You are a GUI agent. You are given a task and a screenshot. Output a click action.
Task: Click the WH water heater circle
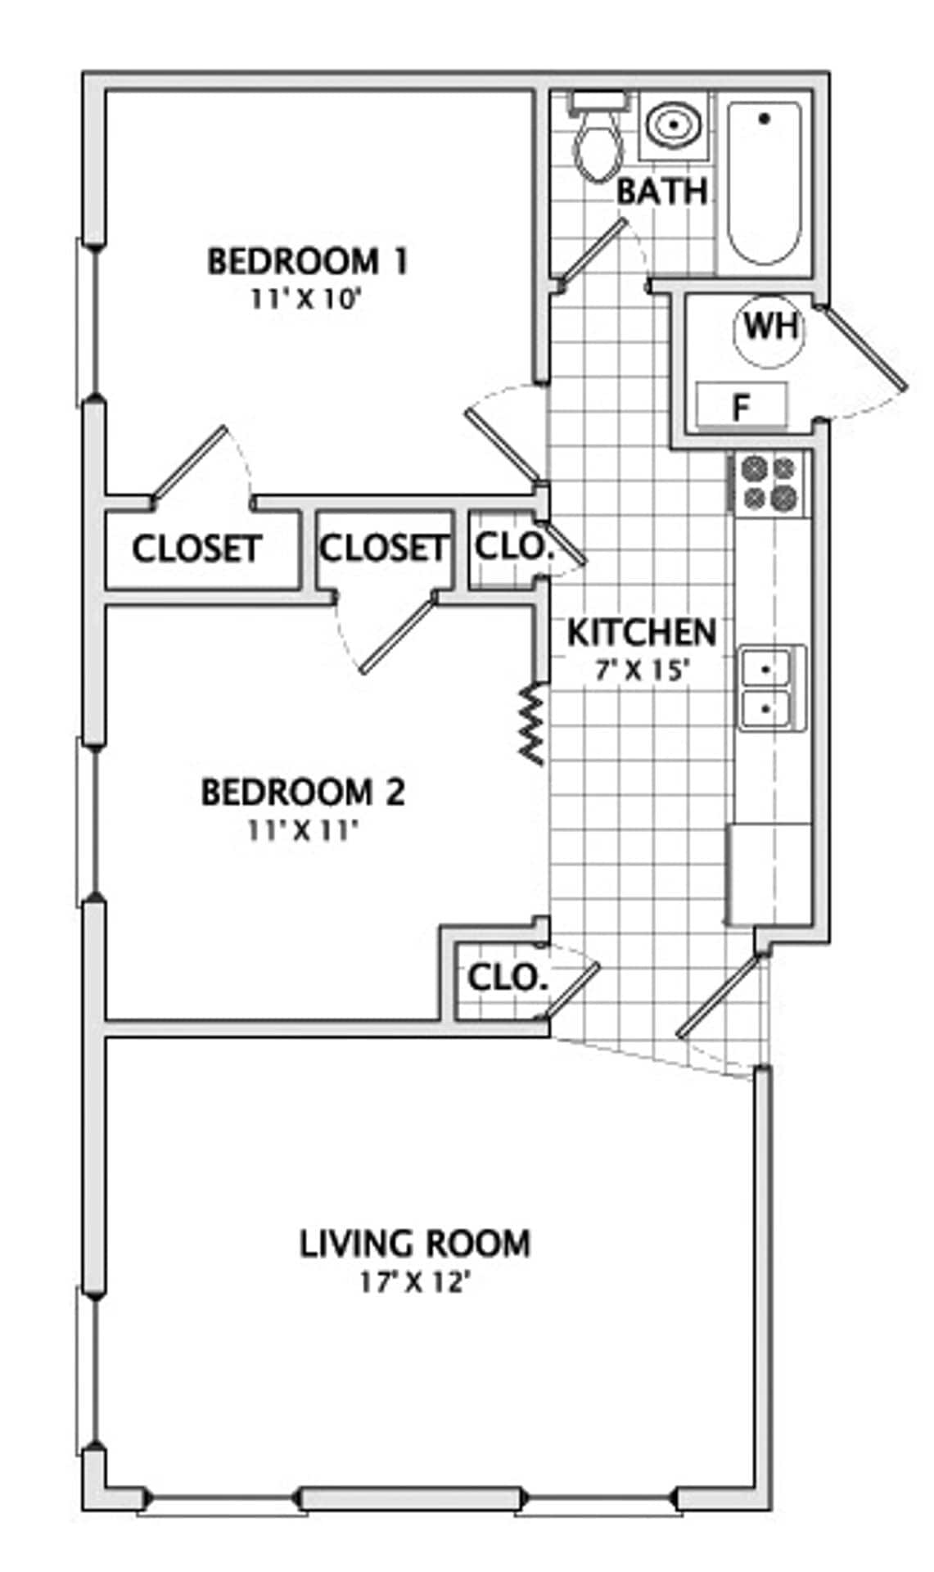tap(769, 328)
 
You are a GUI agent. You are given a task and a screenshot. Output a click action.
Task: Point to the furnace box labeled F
tap(742, 405)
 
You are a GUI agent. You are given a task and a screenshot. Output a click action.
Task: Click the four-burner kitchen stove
tap(769, 483)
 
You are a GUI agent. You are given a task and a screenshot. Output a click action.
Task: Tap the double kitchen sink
tap(766, 688)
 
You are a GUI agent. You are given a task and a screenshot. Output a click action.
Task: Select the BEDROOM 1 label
tap(307, 262)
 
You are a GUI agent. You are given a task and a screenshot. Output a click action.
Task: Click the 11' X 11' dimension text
tap(304, 832)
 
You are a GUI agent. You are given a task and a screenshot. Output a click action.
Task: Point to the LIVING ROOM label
tap(415, 1244)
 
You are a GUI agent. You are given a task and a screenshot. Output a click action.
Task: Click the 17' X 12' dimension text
tap(414, 1282)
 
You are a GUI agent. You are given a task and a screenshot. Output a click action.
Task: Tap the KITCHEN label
tap(641, 633)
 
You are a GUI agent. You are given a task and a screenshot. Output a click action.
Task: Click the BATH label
tap(661, 192)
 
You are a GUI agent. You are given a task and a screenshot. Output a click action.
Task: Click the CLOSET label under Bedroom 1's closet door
tap(196, 549)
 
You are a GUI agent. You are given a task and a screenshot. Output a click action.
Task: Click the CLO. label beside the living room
tap(508, 977)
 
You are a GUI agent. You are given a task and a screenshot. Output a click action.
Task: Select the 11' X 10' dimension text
tap(305, 300)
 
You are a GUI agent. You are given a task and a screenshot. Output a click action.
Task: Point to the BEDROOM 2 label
tap(303, 793)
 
